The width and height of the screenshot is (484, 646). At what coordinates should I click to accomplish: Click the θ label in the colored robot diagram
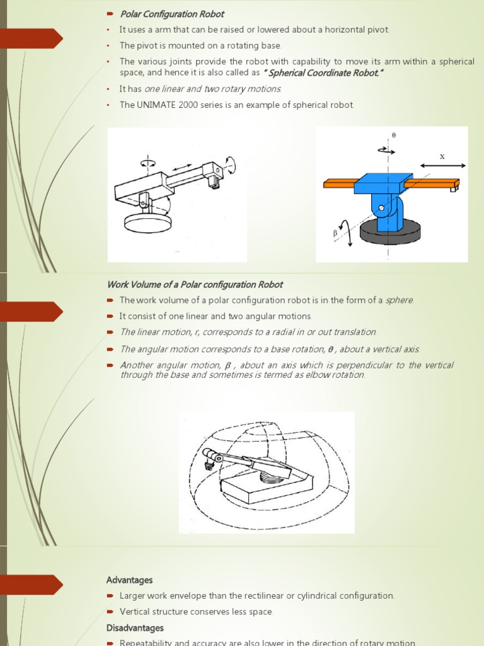coord(394,136)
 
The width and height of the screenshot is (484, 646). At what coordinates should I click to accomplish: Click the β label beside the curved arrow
coord(335,233)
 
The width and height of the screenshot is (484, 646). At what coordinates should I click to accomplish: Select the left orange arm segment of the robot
coord(339,184)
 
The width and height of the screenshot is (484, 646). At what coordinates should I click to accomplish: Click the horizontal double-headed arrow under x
coord(442,165)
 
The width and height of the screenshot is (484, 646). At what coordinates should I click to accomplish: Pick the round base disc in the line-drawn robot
coord(149,222)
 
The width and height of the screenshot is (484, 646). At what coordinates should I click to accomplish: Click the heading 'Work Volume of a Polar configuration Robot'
coord(195,285)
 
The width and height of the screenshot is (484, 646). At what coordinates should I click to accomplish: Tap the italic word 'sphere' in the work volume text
coord(399,300)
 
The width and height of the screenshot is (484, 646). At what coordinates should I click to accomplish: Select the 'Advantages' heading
coord(129,580)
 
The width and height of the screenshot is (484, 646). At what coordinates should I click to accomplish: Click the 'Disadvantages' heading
coord(135,628)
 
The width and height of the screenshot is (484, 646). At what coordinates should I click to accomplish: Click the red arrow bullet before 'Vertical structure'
coord(110,612)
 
